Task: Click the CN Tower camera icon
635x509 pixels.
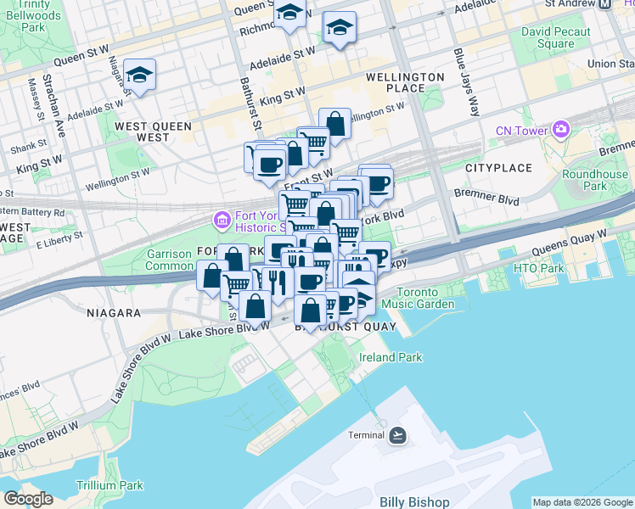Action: [x=559, y=130]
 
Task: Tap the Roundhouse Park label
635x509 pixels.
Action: [x=595, y=180]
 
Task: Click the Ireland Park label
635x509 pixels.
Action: [x=390, y=357]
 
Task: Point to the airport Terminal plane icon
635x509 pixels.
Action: [x=396, y=435]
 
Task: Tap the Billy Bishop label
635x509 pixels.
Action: [x=414, y=502]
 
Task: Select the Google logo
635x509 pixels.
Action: [x=28, y=499]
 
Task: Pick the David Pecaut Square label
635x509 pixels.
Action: [x=548, y=37]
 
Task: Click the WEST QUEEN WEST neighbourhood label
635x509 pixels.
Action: [x=154, y=131]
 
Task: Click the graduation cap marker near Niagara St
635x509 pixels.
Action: [x=139, y=75]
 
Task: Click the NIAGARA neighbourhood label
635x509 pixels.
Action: [x=113, y=313]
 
